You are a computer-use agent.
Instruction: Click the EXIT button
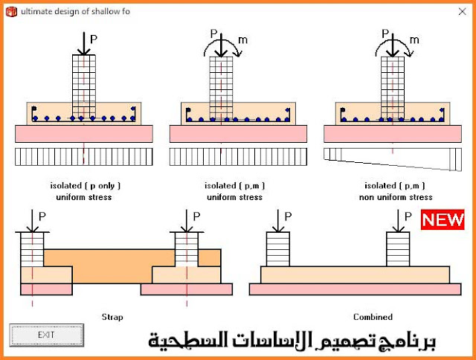point(46,334)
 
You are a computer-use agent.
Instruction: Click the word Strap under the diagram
point(112,317)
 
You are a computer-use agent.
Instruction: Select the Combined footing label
point(373,317)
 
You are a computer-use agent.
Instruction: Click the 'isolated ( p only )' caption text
point(83,185)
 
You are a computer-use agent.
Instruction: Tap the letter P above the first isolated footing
point(94,37)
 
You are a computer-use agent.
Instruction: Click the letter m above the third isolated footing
point(414,39)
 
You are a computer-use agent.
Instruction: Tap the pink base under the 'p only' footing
point(83,133)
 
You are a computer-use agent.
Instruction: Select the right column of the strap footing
point(186,249)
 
